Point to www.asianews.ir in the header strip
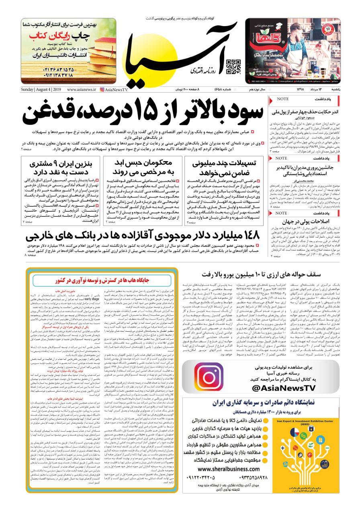point(82,90)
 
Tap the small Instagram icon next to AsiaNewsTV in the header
point(102,90)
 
